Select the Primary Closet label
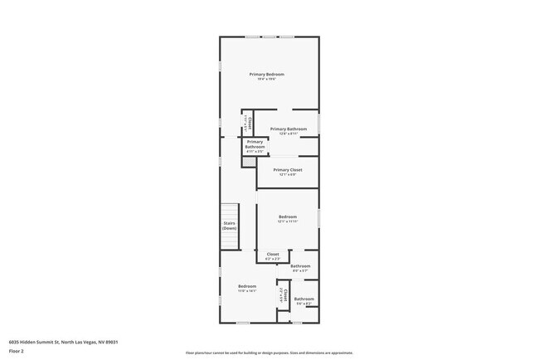(x=288, y=169)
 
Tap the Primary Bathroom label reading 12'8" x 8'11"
(x=288, y=129)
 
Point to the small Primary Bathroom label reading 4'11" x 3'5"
(x=255, y=144)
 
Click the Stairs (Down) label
(x=230, y=225)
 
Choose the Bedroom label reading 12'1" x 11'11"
(x=288, y=216)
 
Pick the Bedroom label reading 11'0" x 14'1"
(x=247, y=286)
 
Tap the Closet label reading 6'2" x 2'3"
(x=273, y=255)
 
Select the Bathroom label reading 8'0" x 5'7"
(x=300, y=266)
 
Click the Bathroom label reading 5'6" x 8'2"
(x=303, y=299)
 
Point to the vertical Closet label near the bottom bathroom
(x=284, y=294)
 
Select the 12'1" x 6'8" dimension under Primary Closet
(x=288, y=174)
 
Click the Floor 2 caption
(x=17, y=351)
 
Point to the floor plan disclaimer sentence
(x=269, y=353)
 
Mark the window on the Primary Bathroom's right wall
(x=319, y=122)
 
